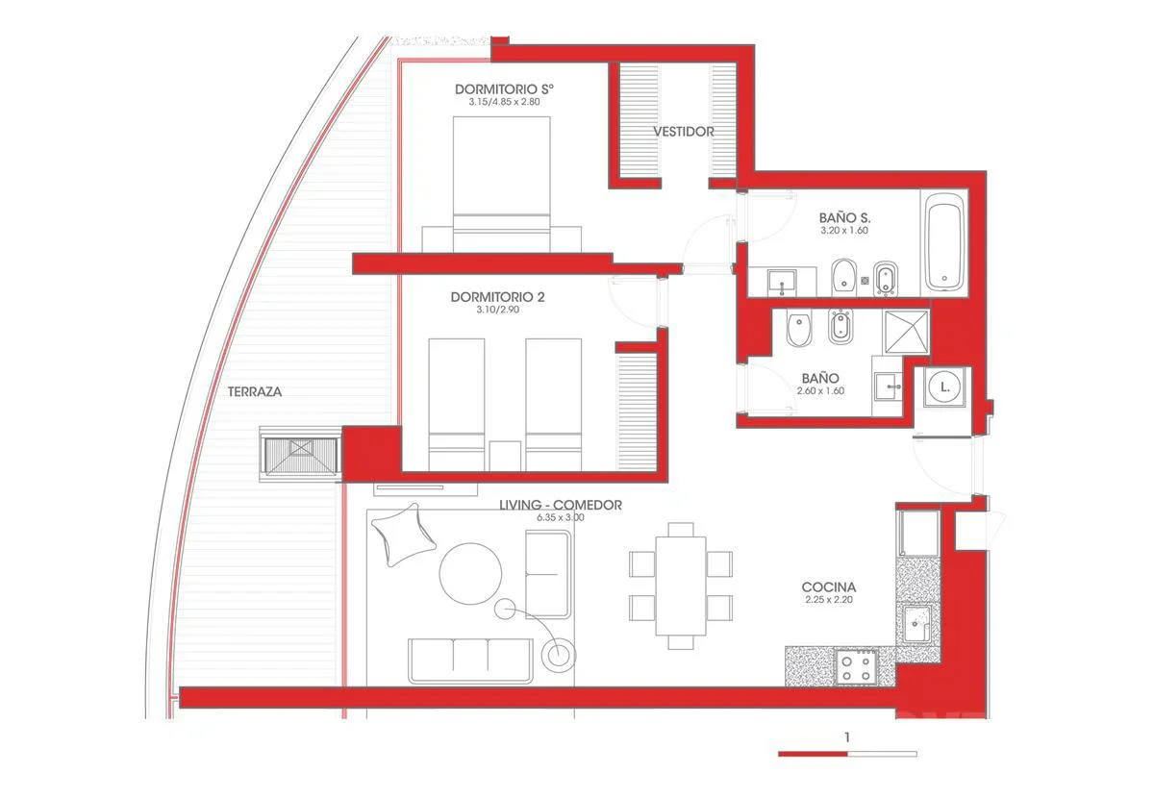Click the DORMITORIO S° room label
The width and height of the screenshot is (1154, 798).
click(504, 89)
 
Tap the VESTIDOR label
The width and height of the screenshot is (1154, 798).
click(684, 132)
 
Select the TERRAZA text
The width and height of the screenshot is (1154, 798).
click(255, 391)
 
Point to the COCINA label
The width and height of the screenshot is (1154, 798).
click(829, 586)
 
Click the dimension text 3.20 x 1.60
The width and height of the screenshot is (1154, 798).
click(844, 231)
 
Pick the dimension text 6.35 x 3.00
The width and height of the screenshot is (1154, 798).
click(561, 517)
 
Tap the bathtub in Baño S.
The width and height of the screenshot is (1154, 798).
click(944, 242)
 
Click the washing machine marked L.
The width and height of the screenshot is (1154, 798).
click(944, 387)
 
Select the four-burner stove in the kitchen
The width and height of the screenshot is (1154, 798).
click(856, 667)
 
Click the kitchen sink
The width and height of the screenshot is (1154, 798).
click(916, 624)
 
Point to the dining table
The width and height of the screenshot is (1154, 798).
click(681, 586)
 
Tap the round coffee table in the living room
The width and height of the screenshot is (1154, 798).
click(470, 573)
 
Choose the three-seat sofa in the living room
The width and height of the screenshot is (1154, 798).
click(470, 661)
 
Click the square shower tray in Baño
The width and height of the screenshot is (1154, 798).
click(906, 332)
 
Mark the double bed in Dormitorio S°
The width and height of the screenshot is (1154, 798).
click(501, 184)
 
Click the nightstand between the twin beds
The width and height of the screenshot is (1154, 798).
click(505, 456)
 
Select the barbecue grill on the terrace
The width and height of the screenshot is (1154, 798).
click(300, 455)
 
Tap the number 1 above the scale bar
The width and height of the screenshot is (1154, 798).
click(847, 737)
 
